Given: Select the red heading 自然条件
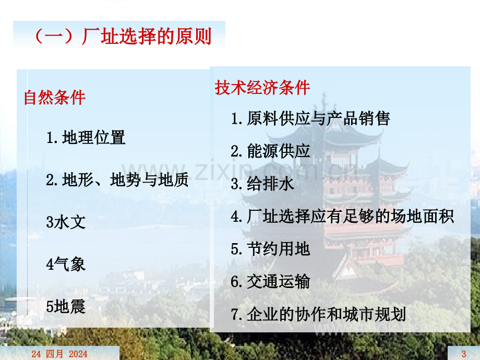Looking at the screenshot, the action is (54, 98).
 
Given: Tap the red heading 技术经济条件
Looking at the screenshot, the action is (262, 88).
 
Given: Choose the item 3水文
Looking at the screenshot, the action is (66, 222).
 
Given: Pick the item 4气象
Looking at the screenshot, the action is (66, 264).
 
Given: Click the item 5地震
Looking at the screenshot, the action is (66, 306).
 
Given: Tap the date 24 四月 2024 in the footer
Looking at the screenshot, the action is (59, 354).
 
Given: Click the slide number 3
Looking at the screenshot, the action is (464, 354).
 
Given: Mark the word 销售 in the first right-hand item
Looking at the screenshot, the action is (374, 118).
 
